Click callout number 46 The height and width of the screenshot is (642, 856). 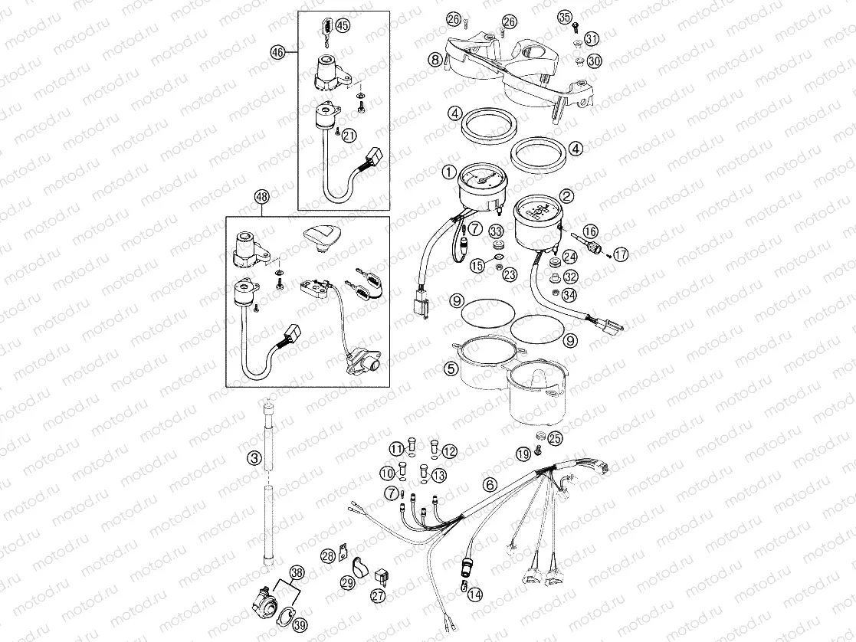click(x=277, y=52)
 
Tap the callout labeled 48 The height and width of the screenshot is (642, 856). click(x=262, y=197)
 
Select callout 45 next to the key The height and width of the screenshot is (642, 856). click(x=342, y=25)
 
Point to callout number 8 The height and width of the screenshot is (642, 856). click(x=435, y=59)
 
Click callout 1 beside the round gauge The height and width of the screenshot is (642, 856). click(x=448, y=172)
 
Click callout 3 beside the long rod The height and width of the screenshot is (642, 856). click(x=254, y=459)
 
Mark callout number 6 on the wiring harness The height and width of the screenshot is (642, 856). click(x=488, y=483)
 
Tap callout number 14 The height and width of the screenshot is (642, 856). click(x=474, y=593)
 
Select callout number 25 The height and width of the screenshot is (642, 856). click(x=556, y=438)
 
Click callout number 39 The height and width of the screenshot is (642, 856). click(x=299, y=625)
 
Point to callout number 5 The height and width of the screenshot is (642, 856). click(x=451, y=369)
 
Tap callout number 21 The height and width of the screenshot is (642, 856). click(x=349, y=136)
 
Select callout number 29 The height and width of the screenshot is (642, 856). click(x=347, y=584)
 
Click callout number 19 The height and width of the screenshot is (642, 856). click(x=523, y=454)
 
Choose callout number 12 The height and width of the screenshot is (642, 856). click(x=449, y=451)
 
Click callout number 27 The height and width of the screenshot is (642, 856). click(x=378, y=595)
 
